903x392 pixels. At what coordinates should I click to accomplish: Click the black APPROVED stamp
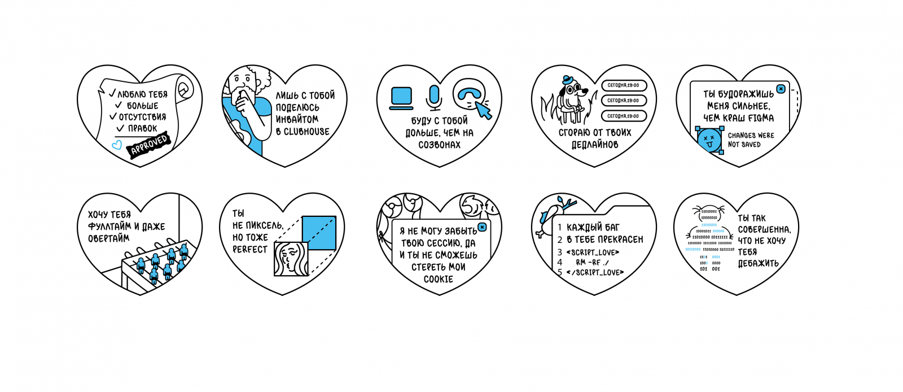149,145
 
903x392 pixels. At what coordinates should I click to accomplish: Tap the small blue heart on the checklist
117,145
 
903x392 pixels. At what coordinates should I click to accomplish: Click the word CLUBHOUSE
306,132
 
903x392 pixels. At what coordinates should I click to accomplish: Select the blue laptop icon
402,96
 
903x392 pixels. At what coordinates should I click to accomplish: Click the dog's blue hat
567,79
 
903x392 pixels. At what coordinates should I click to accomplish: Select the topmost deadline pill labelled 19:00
624,85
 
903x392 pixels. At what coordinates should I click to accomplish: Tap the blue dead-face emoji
709,139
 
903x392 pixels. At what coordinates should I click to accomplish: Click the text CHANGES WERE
751,136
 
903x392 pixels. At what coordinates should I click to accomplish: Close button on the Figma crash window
781,89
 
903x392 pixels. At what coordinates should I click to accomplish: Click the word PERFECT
250,249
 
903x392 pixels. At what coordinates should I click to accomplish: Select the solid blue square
319,233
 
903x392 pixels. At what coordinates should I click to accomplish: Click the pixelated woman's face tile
291,259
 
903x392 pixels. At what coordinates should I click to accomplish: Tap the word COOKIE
439,279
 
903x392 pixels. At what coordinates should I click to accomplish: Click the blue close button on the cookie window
482,227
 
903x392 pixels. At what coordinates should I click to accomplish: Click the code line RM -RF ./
592,262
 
